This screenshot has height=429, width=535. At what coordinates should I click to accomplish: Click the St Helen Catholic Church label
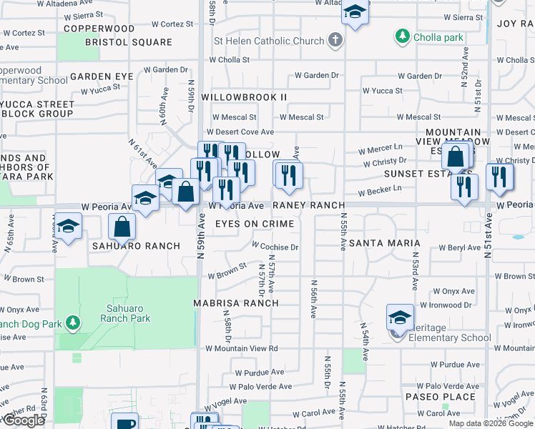(x=269, y=41)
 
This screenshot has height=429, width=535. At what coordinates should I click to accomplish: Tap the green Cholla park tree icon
(x=403, y=36)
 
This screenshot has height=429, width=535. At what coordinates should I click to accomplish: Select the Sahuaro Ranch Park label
(x=126, y=313)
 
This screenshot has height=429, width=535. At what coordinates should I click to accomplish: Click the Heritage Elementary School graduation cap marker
(x=400, y=317)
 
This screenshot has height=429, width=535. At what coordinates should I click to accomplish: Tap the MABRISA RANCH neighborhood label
(x=236, y=302)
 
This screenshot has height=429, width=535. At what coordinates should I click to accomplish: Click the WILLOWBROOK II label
(x=244, y=97)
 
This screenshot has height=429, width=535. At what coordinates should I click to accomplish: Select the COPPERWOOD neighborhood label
(x=99, y=29)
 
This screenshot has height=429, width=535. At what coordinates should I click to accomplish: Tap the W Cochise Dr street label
(x=274, y=247)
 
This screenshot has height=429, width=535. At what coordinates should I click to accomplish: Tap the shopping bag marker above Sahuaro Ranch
(x=122, y=227)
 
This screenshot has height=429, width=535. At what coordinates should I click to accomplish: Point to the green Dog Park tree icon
(x=73, y=322)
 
